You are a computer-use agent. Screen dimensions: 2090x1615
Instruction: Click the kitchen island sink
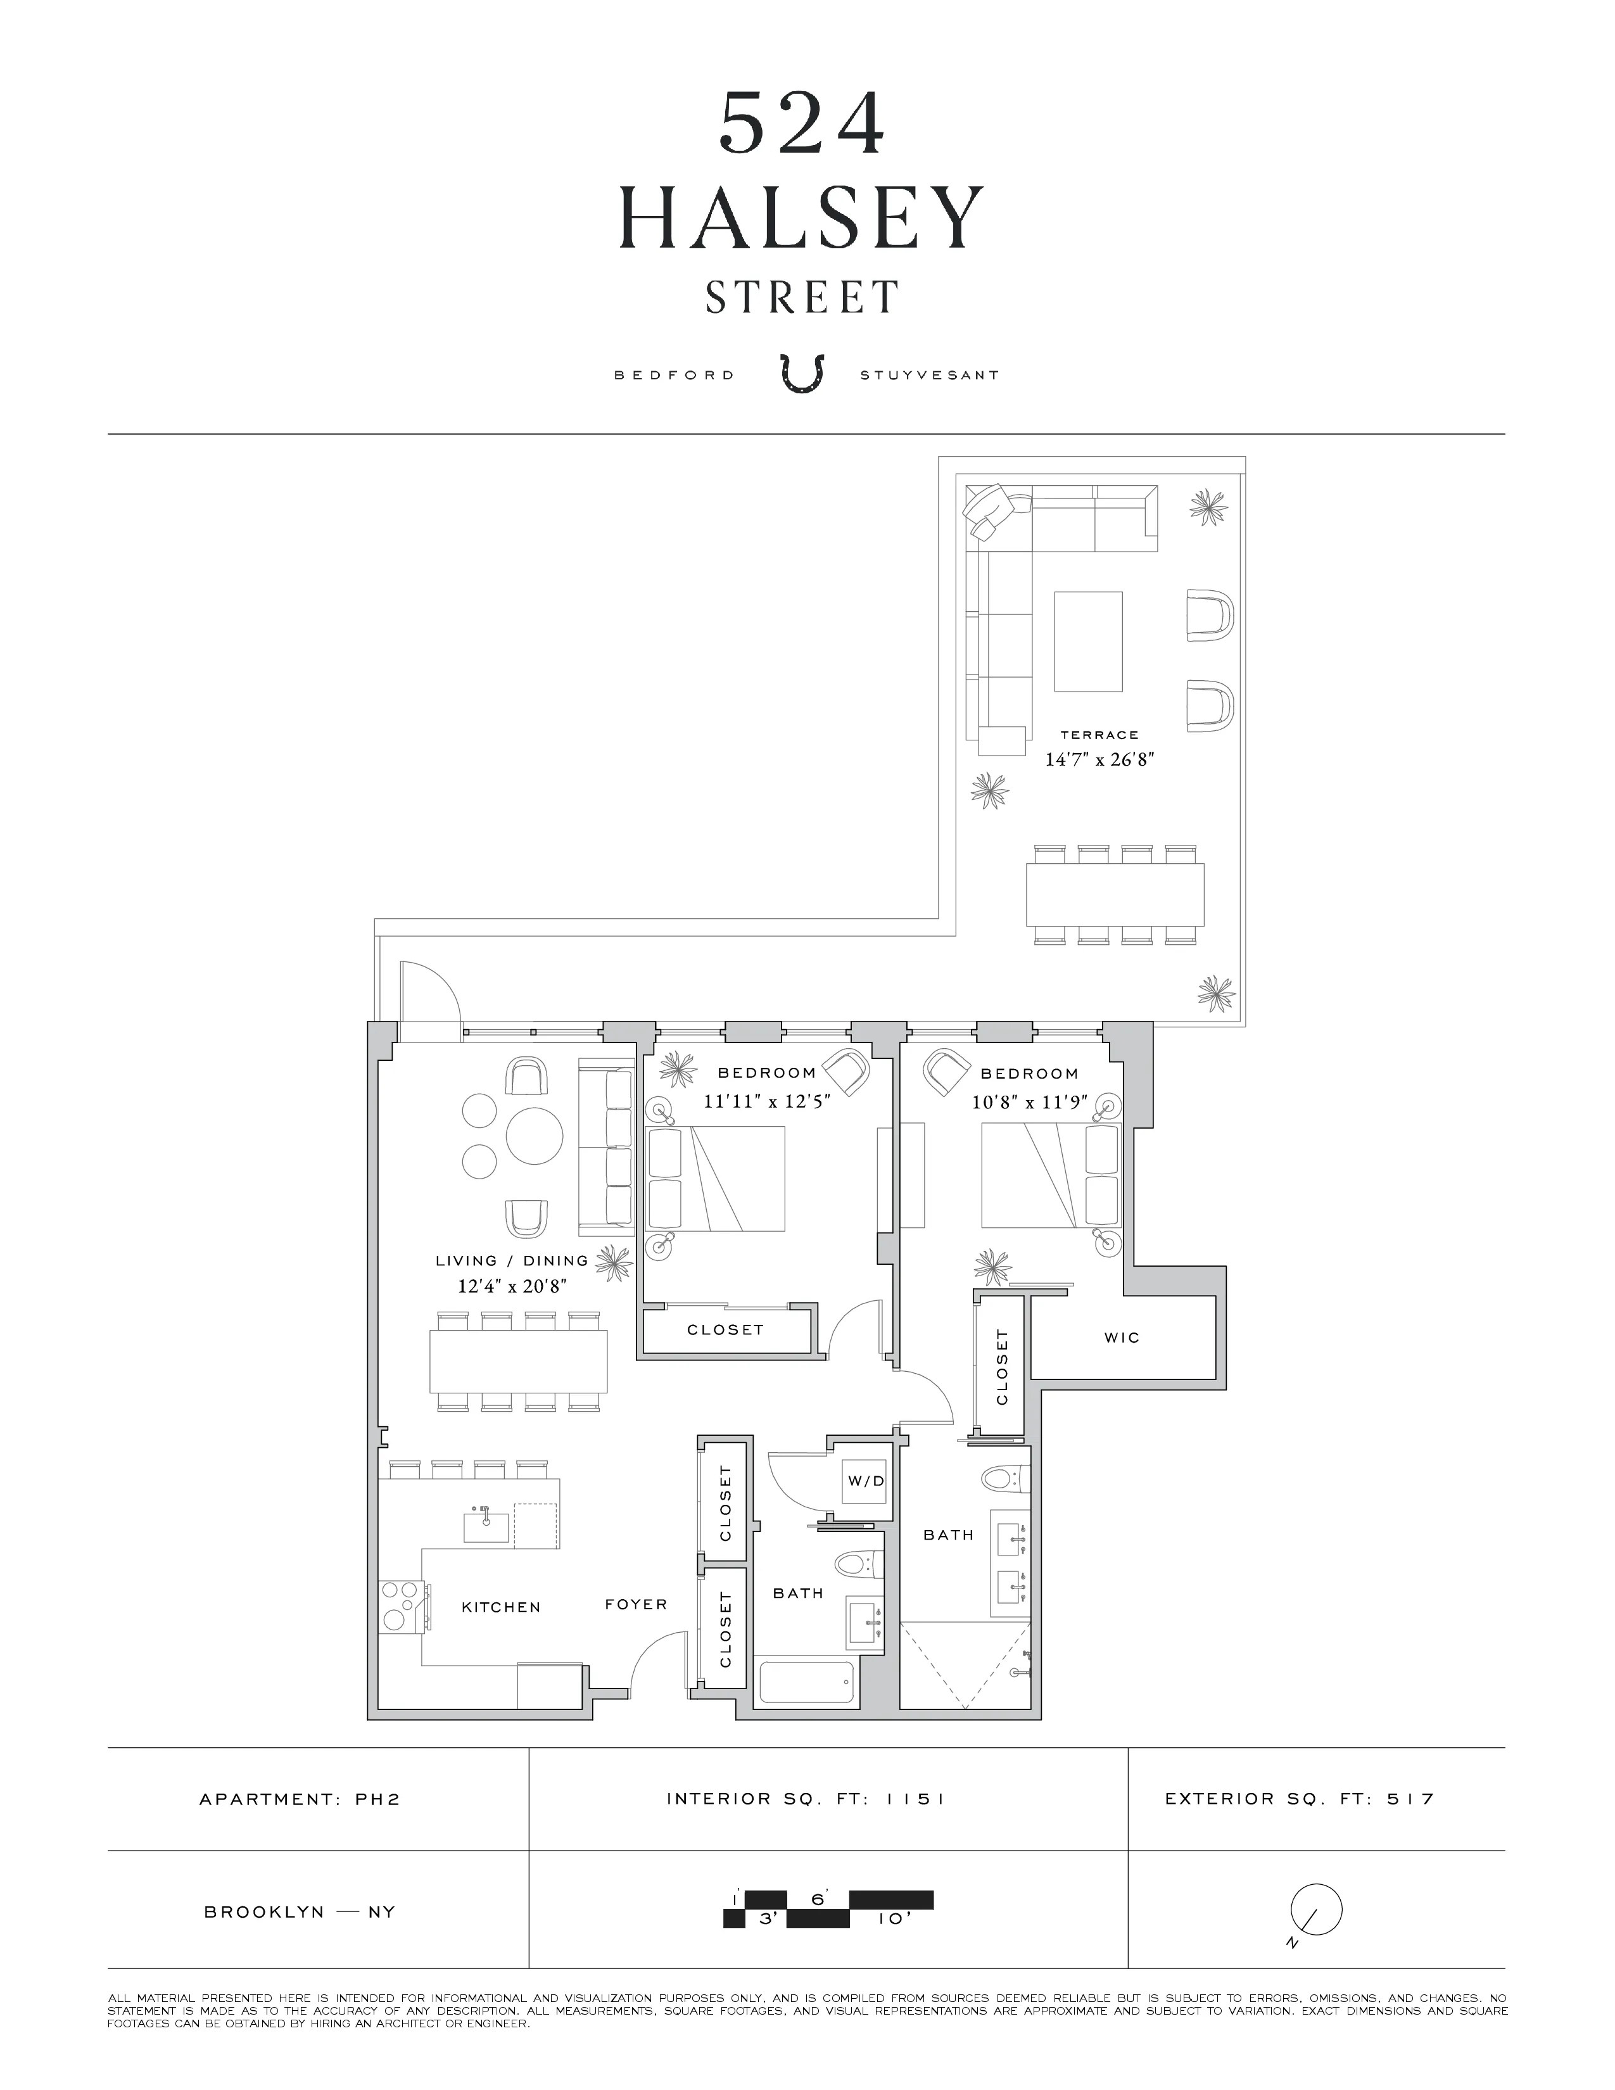click(486, 1526)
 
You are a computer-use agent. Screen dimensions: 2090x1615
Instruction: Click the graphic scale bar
click(828, 1908)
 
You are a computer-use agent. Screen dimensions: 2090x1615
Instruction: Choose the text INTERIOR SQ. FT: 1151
click(806, 1799)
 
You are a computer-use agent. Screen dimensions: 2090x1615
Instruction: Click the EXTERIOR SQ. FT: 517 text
click(1299, 1799)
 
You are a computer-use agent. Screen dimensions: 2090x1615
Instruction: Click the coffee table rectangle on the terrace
click(1088, 641)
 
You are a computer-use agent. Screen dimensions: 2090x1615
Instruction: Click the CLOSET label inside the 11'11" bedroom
click(725, 1329)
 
